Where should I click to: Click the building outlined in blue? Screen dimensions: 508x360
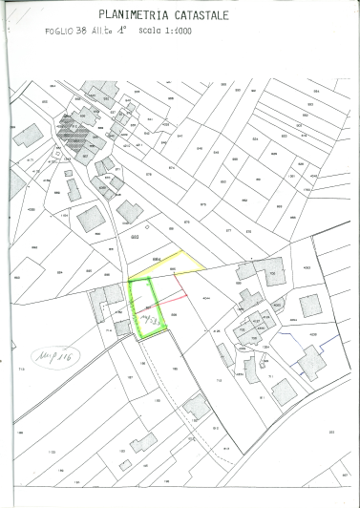click(x=311, y=362)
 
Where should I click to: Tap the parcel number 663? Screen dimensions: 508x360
click(x=135, y=236)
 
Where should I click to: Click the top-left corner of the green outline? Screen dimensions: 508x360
click(x=130, y=284)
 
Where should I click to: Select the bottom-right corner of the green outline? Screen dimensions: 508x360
click(x=168, y=328)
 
